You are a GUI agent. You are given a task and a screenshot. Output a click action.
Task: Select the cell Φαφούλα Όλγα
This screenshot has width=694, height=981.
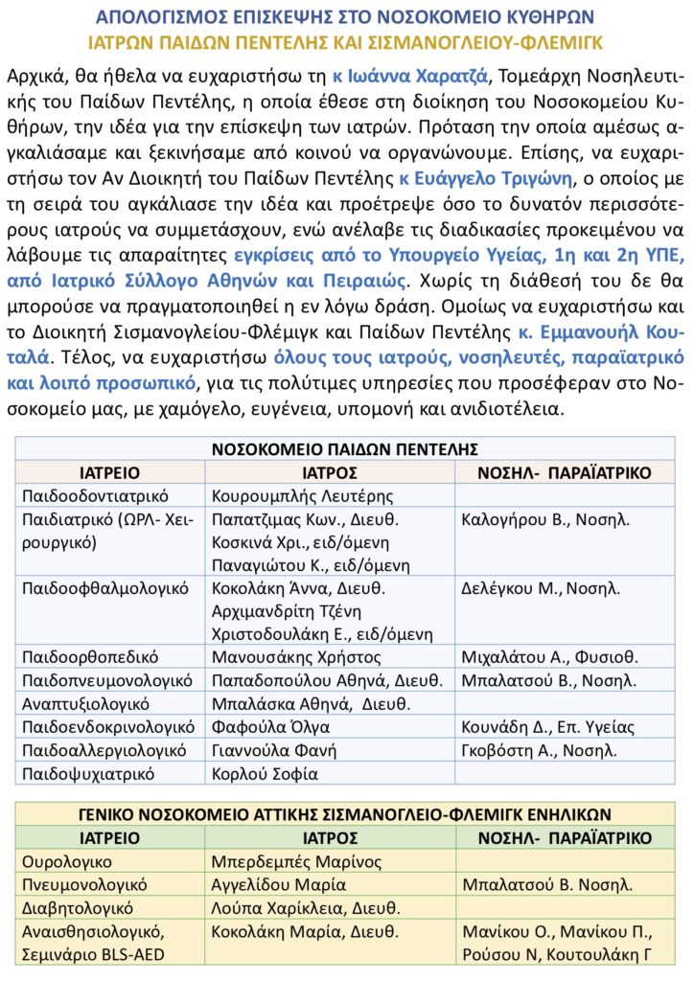(x=270, y=727)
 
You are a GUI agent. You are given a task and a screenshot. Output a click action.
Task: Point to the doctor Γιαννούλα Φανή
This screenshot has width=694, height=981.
(x=281, y=750)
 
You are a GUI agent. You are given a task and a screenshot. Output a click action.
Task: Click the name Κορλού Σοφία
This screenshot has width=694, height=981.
(x=265, y=773)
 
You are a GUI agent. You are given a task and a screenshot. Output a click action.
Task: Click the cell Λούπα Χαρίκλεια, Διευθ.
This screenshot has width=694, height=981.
(x=305, y=907)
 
